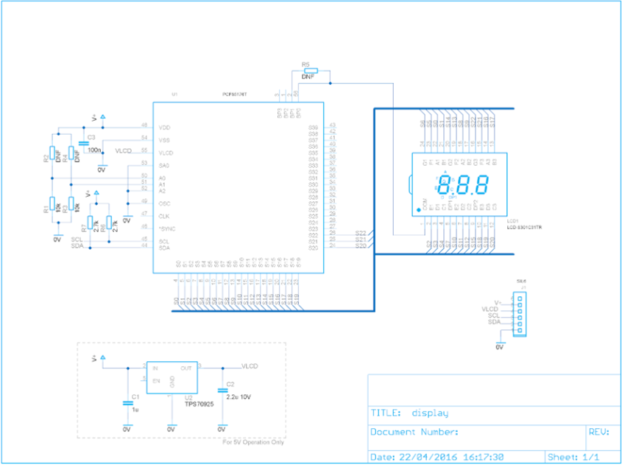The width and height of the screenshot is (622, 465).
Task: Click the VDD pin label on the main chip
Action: coord(165,127)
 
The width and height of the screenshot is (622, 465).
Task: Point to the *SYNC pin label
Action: coord(167,228)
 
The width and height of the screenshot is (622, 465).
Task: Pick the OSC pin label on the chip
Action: coord(165,203)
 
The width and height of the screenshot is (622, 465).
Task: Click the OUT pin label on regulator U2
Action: coord(186,368)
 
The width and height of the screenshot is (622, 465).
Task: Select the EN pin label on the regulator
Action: coord(156,381)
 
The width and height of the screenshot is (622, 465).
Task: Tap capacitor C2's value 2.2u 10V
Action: coord(239,396)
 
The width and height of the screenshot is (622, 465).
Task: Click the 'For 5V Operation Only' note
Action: coord(253,442)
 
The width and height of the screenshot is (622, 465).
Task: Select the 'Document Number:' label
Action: coord(414,432)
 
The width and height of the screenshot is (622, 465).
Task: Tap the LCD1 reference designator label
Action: coord(513,220)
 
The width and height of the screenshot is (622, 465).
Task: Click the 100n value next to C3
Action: coord(94,150)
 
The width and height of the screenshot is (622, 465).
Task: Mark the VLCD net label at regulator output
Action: coord(250,366)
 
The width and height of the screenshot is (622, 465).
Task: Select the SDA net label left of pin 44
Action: coord(77,245)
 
